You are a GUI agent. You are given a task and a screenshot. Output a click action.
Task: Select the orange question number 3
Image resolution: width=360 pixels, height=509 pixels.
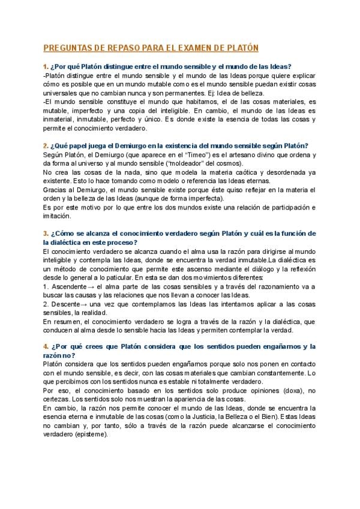[x=45, y=233]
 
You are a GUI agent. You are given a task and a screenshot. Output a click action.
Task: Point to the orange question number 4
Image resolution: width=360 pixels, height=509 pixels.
[x=45, y=346]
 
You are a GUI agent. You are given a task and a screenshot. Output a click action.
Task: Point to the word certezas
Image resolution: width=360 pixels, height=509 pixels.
[x=58, y=399]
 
